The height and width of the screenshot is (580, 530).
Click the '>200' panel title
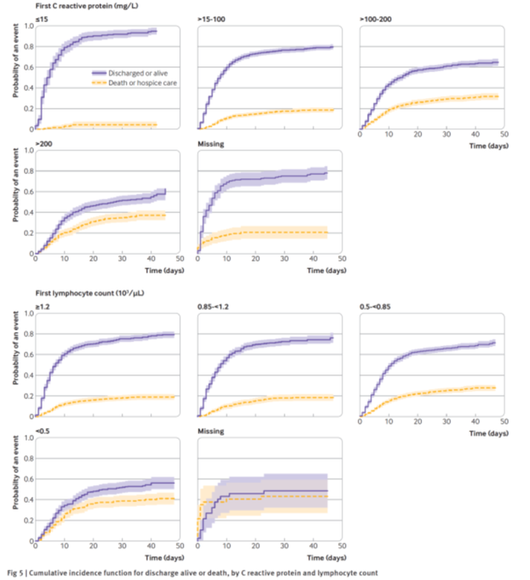(40, 144)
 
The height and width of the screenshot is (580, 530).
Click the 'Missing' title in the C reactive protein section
(210, 144)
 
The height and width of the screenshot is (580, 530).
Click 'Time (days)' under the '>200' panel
(161, 270)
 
